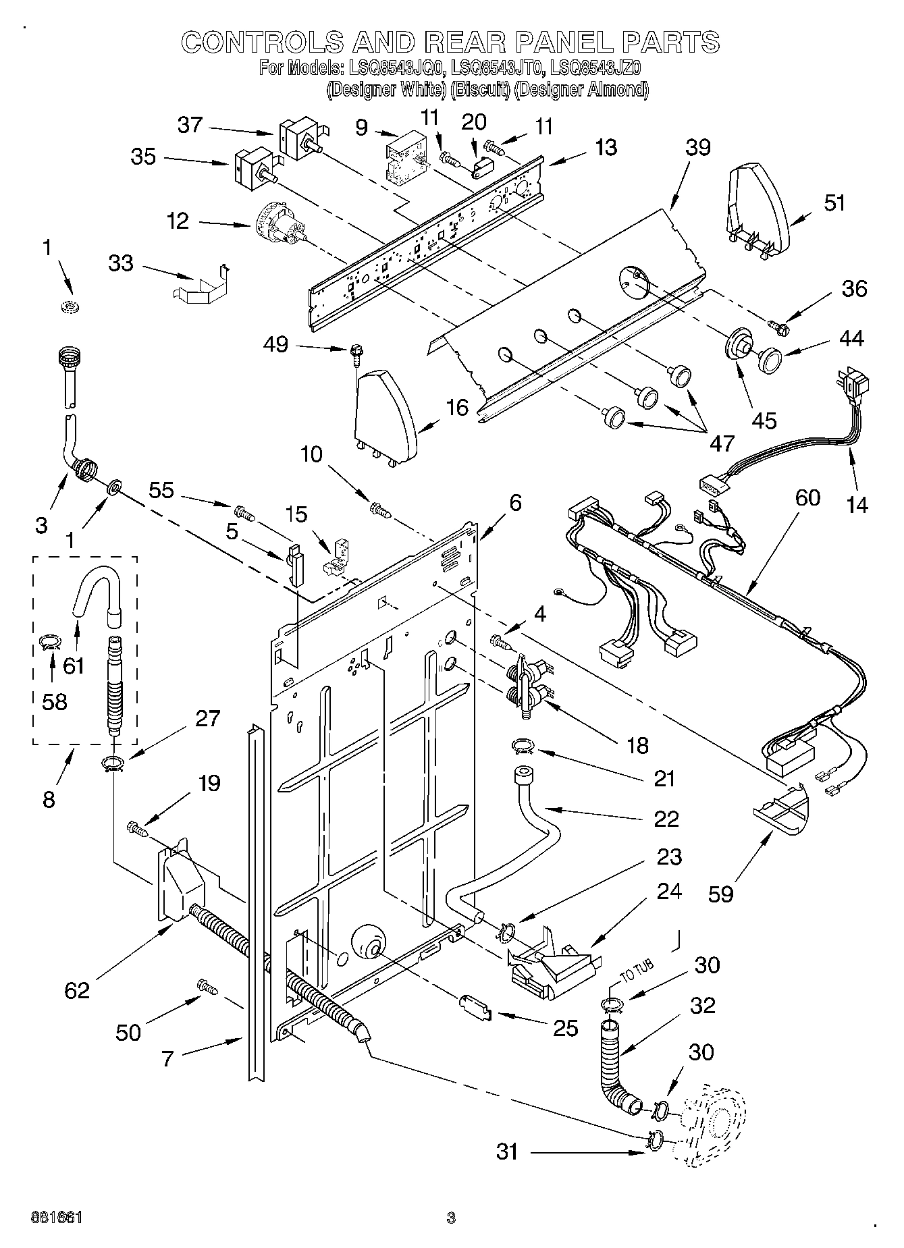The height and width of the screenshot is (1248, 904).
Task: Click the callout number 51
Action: tap(834, 202)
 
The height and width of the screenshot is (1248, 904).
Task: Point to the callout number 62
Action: tap(78, 989)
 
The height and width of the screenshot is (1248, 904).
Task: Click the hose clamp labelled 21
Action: tap(523, 746)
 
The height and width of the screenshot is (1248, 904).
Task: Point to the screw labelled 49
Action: tap(354, 352)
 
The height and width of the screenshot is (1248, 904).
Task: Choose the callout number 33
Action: tap(121, 263)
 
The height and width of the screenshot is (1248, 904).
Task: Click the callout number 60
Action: tap(807, 497)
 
